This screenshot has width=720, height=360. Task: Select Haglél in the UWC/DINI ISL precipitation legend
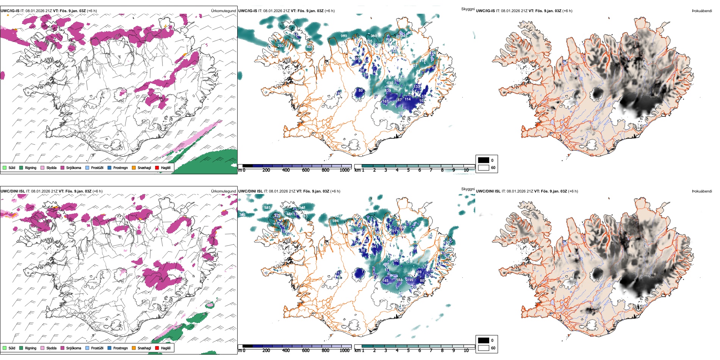[166, 348]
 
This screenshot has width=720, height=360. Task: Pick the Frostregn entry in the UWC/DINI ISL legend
[121, 348]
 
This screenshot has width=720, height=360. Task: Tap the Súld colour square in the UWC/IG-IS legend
[5, 167]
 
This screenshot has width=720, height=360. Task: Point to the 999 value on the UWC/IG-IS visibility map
[344, 36]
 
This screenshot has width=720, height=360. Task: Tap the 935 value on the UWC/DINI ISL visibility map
[267, 208]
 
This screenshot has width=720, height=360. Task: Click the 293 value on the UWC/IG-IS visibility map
[280, 46]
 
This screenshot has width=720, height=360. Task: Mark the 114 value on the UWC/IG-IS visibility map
[407, 99]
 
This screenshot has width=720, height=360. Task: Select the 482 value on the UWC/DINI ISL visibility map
[386, 265]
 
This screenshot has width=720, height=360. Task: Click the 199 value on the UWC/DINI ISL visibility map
[410, 280]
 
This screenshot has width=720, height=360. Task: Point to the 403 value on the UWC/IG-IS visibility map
[310, 47]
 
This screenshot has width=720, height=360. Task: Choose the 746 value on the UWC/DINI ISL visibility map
[243, 215]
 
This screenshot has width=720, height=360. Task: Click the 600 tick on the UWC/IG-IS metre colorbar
[306, 170]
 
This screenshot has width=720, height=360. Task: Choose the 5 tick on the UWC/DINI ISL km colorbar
[408, 351]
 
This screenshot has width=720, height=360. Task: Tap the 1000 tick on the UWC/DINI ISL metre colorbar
[344, 351]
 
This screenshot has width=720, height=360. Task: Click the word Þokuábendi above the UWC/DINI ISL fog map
[702, 191]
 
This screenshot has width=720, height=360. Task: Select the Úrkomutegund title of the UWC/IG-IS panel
[223, 11]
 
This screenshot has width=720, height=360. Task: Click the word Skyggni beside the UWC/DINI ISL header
[468, 189]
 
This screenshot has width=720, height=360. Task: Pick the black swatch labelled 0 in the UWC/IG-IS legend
[484, 160]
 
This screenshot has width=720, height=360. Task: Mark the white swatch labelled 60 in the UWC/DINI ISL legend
[484, 348]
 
